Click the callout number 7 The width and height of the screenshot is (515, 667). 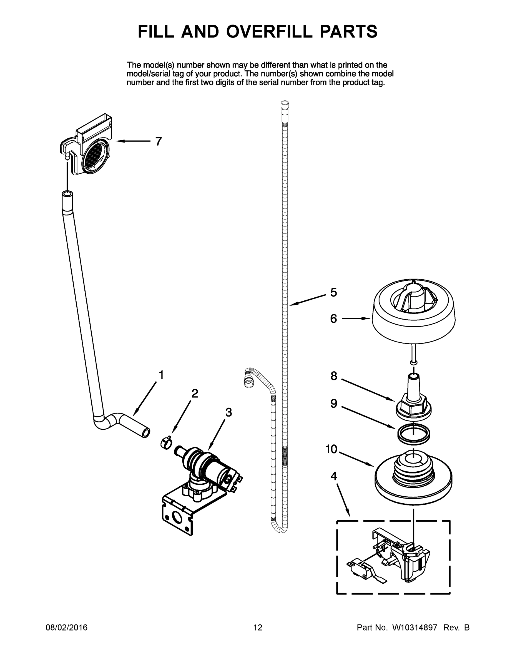158,141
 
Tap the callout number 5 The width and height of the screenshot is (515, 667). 333,292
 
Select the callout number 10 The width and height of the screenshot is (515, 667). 331,449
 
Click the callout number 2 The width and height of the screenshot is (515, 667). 195,393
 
